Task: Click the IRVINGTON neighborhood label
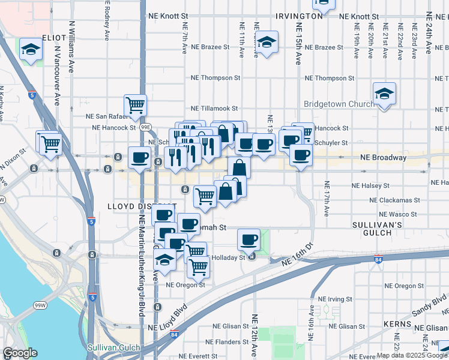pos(299,16)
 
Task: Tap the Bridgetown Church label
pos(339,104)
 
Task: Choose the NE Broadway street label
pos(384,158)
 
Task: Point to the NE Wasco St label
pos(397,214)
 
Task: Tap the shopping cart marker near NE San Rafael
pos(136,105)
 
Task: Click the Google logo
pos(20,353)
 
